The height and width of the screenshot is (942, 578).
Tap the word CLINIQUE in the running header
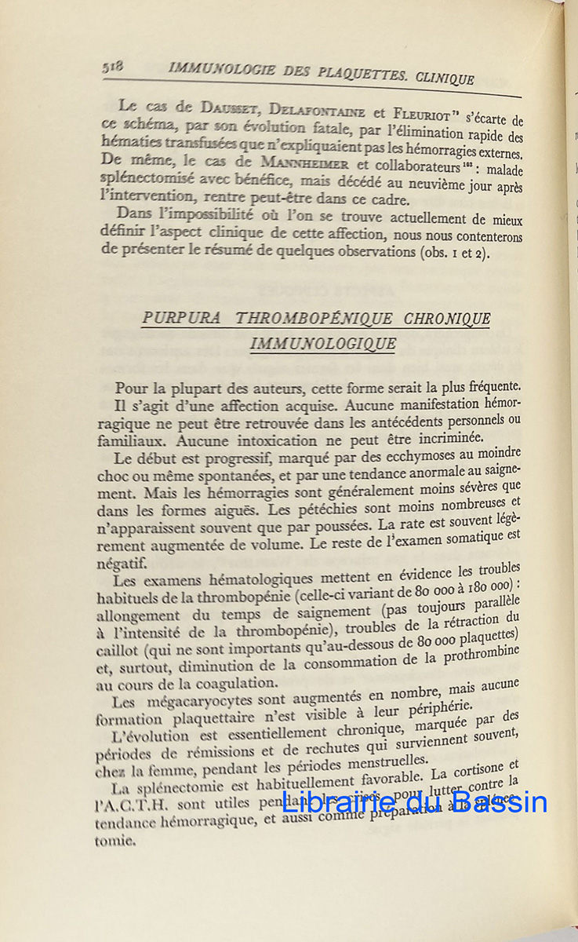tap(445, 78)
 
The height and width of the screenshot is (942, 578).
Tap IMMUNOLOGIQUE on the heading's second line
tap(322, 344)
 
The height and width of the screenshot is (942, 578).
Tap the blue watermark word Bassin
tap(499, 801)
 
